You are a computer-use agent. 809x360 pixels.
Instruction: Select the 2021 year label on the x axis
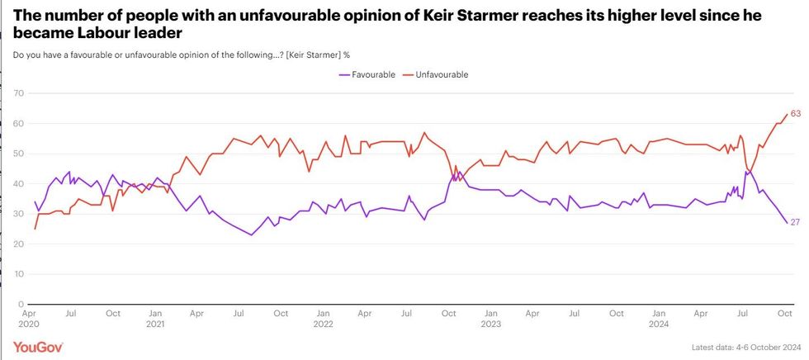click(x=154, y=324)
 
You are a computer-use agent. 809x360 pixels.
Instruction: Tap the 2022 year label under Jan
click(x=323, y=324)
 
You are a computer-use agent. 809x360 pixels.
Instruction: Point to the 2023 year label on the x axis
click(x=490, y=324)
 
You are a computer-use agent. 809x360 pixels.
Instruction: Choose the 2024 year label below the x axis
click(x=659, y=324)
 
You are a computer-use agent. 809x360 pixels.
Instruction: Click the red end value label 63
click(x=796, y=114)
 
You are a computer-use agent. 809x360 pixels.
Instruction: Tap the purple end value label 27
click(x=796, y=223)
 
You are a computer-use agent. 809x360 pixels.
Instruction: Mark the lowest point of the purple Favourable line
click(x=251, y=235)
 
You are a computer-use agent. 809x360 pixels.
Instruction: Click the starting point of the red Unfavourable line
click(x=35, y=229)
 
